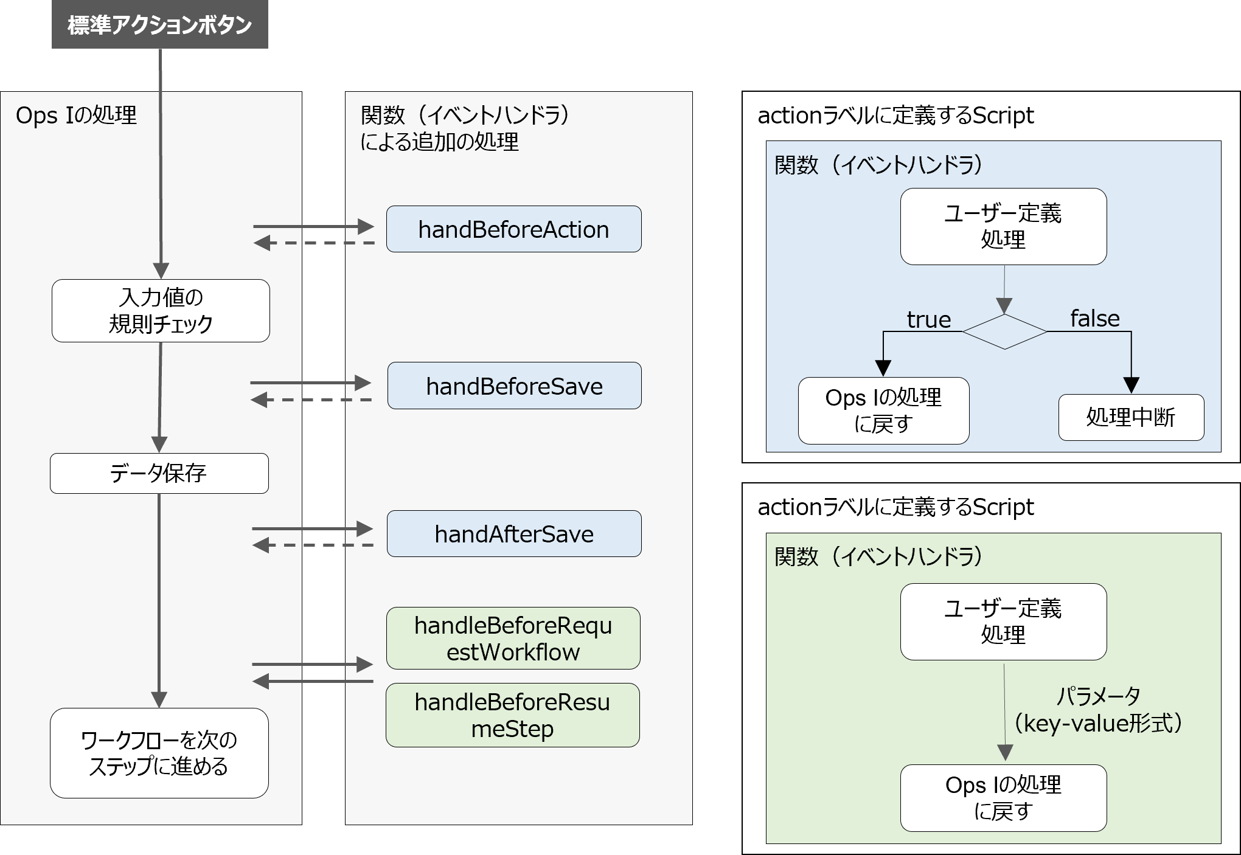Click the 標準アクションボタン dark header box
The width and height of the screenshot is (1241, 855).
click(159, 25)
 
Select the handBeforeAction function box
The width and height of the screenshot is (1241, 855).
click(513, 229)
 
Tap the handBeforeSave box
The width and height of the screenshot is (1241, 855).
click(514, 386)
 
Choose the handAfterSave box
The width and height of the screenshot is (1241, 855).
click(514, 534)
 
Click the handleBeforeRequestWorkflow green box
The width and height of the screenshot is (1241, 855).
click(513, 639)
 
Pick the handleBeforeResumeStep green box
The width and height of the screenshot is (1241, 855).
click(512, 715)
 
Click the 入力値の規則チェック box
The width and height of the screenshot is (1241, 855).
click(161, 311)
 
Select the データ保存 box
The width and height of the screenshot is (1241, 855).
click(159, 473)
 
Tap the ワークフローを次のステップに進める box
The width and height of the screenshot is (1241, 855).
click(159, 753)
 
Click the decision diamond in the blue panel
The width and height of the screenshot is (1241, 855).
click(1004, 331)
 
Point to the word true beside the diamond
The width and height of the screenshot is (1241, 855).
click(928, 320)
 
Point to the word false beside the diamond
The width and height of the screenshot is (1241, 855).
click(1094, 319)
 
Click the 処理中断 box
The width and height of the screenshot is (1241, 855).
click(1131, 418)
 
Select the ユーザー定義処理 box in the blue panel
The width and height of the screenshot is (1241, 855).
click(1003, 226)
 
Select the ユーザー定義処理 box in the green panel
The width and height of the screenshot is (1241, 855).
click(1003, 621)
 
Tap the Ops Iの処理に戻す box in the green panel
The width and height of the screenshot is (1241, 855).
click(1003, 798)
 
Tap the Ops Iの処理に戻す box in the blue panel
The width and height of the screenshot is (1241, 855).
click(883, 410)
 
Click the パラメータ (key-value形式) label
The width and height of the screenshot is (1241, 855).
click(1098, 710)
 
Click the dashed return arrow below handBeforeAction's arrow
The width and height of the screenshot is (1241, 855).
click(313, 243)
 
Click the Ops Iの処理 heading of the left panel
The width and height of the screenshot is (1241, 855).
click(76, 115)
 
